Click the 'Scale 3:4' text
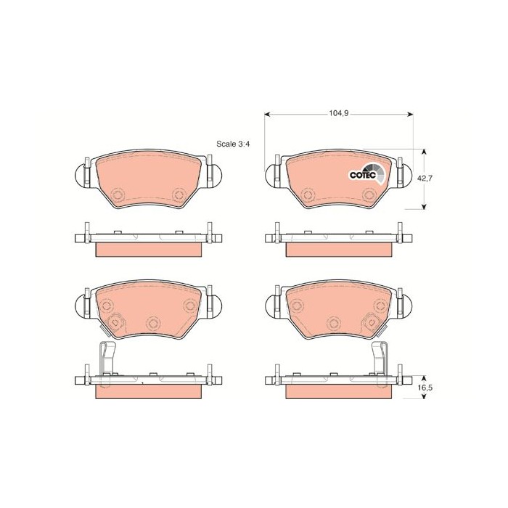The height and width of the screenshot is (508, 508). click(x=232, y=144)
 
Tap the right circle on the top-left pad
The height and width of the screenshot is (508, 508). click(x=179, y=192)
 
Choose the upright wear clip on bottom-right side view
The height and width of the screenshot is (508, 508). click(x=380, y=359)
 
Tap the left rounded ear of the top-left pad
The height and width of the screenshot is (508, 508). click(x=81, y=174)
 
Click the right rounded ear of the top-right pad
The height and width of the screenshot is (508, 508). click(x=403, y=174)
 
